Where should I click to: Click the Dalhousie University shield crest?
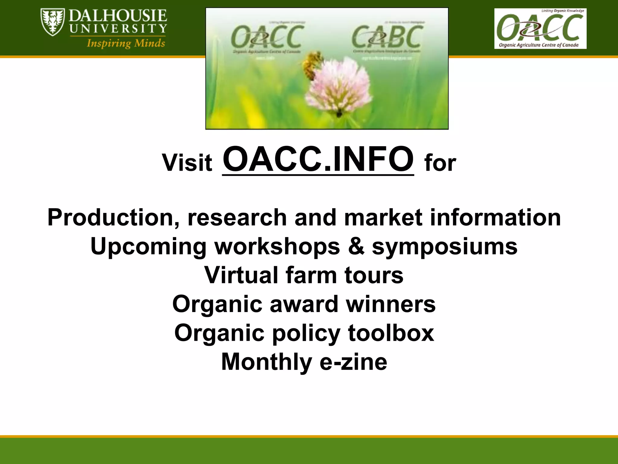pyautogui.click(x=53, y=22)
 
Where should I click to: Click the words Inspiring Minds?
pyautogui.click(x=126, y=43)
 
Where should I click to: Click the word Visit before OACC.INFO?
pyautogui.click(x=187, y=163)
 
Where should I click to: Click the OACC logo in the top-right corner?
pyautogui.click(x=540, y=28)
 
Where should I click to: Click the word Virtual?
pyautogui.click(x=241, y=275)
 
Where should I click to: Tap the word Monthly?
pyautogui.click(x=266, y=362)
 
